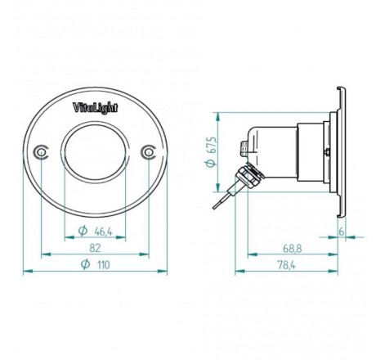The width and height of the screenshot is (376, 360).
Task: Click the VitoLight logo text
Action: click(94, 108)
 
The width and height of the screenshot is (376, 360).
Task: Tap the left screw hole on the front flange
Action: click(41, 153)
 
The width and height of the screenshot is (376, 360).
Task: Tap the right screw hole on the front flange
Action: click(147, 152)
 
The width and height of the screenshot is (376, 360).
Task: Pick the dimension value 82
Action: click(94, 248)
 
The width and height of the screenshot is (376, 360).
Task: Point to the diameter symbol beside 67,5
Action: click(212, 162)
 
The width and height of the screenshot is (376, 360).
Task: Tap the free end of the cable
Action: click(214, 208)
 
